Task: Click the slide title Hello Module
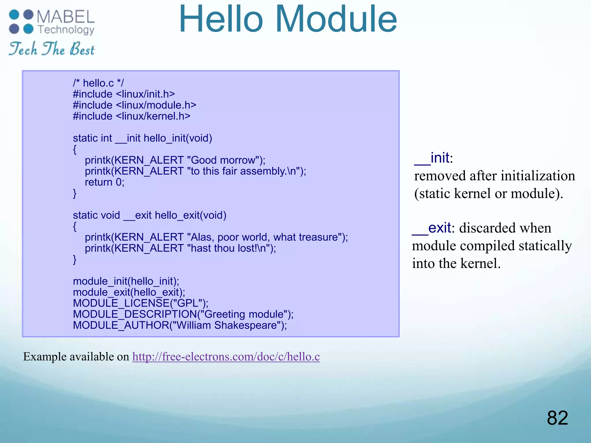point(288,20)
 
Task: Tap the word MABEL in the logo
point(66,17)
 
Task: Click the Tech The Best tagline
point(52,49)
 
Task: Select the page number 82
point(557,418)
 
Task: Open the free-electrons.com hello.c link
point(226,357)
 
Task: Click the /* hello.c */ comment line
point(98,83)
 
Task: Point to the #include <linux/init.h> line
point(124,94)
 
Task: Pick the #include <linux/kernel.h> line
point(132,116)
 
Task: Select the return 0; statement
point(104,182)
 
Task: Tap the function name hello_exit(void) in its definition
point(190,215)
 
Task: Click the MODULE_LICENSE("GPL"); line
point(141,303)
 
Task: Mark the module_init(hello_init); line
point(126,281)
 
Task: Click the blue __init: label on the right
point(433,158)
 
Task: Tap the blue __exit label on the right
point(432,228)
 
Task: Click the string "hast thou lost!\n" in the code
point(228,248)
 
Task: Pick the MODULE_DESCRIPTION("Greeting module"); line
point(183,314)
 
